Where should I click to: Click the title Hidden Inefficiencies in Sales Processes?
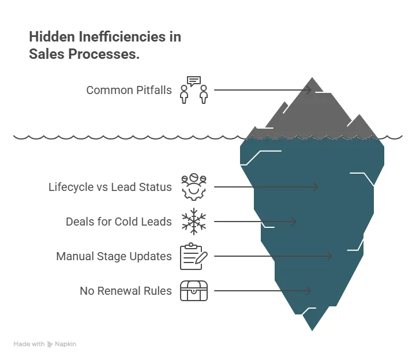104,46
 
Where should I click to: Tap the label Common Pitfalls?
129,90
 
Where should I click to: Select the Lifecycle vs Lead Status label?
110,187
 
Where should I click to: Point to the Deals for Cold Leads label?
118,222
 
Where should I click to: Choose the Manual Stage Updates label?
114,256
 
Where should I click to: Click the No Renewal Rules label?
125,291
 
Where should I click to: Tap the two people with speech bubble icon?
193,90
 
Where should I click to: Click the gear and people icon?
193,187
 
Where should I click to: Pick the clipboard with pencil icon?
193,257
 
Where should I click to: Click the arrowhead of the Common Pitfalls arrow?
309,90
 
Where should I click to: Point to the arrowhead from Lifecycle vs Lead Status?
316,187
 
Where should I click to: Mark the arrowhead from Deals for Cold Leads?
294,222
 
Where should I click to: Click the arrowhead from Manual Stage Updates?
330,256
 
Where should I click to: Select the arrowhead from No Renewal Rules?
309,291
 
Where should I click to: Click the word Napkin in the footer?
66,344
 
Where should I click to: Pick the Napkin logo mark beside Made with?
50,344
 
